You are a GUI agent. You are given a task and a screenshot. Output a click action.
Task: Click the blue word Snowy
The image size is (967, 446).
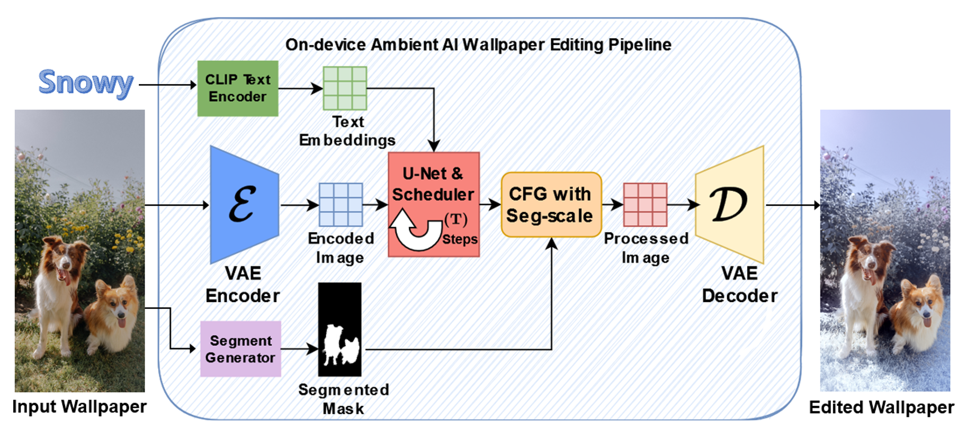(x=86, y=83)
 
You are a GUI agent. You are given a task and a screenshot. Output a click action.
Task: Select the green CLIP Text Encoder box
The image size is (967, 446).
(x=238, y=88)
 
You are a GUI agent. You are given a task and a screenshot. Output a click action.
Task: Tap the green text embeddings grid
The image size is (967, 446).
(x=345, y=88)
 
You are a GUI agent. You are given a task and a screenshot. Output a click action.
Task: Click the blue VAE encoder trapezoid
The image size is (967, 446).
(x=244, y=205)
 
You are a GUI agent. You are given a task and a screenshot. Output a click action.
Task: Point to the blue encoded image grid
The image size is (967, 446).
(x=341, y=205)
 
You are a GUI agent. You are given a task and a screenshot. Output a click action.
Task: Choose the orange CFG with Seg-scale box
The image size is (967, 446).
(x=551, y=205)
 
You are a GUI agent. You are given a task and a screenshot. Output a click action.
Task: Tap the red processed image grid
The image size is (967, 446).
(x=644, y=205)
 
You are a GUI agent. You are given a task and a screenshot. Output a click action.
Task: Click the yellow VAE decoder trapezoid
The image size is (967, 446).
(x=730, y=205)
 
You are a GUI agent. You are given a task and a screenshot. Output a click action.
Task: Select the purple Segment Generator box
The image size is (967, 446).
(x=240, y=349)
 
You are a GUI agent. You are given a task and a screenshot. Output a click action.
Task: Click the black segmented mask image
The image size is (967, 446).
(x=339, y=329)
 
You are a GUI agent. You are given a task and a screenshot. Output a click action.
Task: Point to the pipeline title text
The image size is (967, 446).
(x=478, y=45)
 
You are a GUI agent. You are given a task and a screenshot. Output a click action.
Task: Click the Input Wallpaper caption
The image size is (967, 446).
(x=79, y=407)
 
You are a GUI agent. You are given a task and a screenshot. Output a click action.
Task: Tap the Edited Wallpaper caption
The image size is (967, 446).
(x=881, y=407)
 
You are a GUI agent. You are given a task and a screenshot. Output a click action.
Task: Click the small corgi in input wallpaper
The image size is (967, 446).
(x=113, y=312)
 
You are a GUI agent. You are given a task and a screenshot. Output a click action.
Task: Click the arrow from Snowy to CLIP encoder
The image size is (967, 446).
(x=167, y=85)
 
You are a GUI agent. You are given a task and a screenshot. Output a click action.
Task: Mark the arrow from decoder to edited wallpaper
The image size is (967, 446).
(x=792, y=205)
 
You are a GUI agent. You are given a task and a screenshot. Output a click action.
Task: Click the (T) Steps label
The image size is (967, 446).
(x=459, y=229)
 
